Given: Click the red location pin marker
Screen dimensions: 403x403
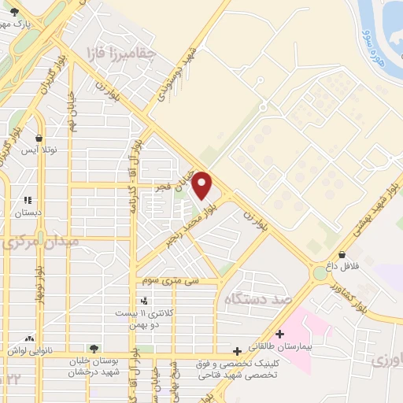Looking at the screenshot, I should coord(202,186).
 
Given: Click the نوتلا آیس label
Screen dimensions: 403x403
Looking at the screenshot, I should coord(39,149).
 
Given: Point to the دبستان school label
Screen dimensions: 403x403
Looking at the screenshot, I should coord(28,212).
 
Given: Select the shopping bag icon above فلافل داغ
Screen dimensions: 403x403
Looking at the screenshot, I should coord(342,254).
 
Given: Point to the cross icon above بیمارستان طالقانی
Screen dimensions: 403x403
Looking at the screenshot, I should coord(279,334).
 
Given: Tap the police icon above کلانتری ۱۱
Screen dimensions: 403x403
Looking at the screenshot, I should coord(143,301).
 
